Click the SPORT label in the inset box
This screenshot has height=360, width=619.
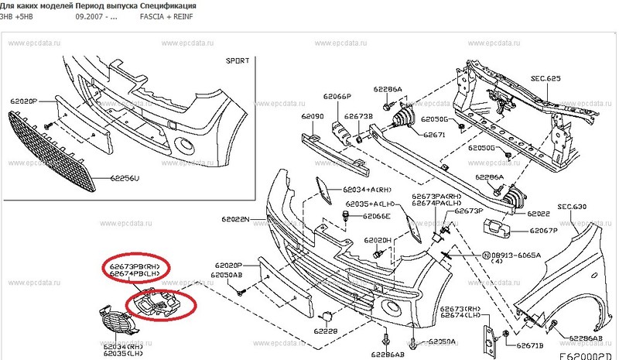237,60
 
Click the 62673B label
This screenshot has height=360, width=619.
359,116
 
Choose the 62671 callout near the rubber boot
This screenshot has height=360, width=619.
434,134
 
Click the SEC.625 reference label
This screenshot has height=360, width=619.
545,79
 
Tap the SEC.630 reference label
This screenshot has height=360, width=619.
573,207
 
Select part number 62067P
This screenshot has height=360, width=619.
544,230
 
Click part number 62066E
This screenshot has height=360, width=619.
377,217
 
